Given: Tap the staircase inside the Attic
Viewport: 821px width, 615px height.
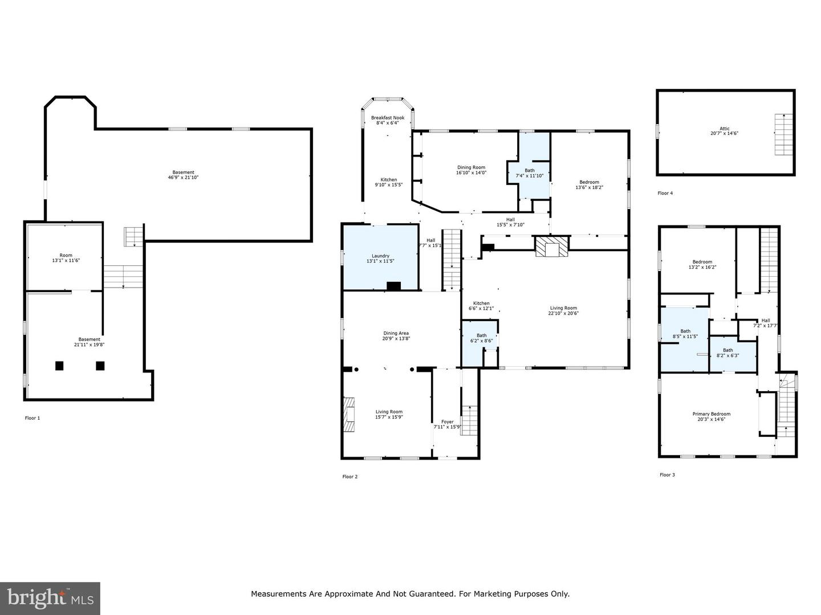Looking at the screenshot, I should pos(783,134).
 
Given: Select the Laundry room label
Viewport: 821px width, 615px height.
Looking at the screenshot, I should pos(380,256).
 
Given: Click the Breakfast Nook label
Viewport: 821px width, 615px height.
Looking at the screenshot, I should pos(388,118).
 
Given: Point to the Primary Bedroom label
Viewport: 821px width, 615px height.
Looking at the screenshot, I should pos(711,414).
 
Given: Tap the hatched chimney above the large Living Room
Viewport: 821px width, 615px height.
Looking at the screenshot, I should pos(551,247).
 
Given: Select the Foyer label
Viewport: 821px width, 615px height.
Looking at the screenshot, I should pos(448,422).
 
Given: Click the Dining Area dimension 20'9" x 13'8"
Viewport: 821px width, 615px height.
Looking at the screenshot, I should pos(396,338).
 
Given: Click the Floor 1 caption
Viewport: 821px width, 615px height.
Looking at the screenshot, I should pos(32,418).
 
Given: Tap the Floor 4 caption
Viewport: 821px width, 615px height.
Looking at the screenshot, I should pos(665,193).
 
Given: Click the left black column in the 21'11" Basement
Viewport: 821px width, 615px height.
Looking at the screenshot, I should pos(59,366).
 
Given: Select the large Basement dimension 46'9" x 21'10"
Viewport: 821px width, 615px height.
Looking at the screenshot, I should pos(183,177).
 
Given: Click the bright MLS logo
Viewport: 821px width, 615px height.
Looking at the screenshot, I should pos(50,598).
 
